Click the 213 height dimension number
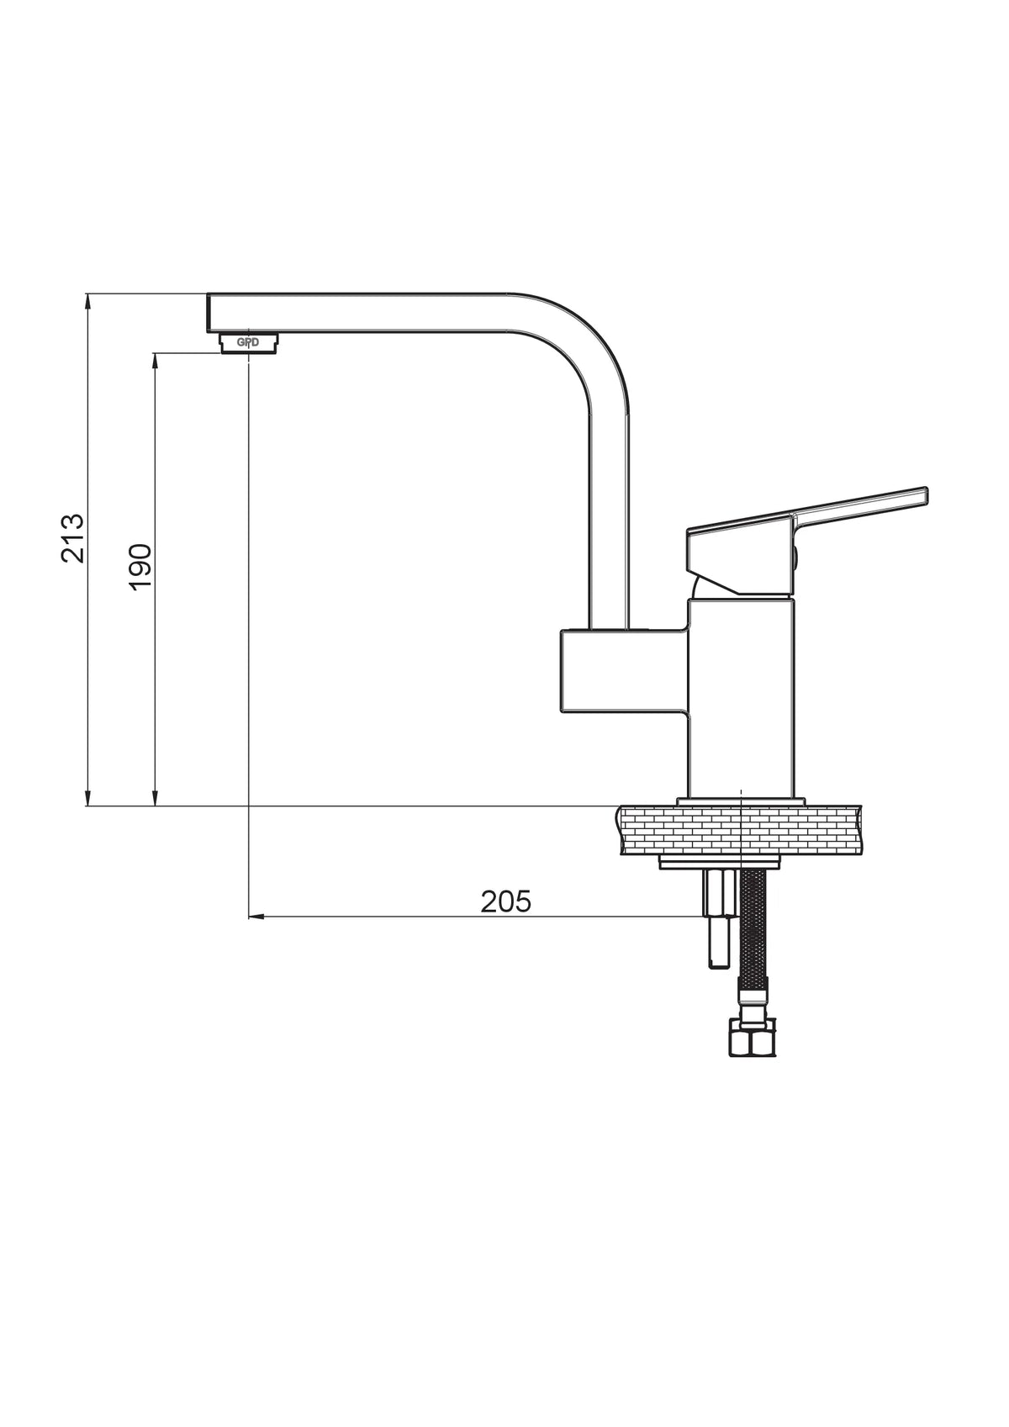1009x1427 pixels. (72, 537)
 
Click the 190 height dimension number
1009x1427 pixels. (140, 568)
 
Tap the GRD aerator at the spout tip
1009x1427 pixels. (248, 343)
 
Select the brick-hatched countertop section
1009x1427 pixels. (739, 829)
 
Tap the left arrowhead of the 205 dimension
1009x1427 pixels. (255, 917)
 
